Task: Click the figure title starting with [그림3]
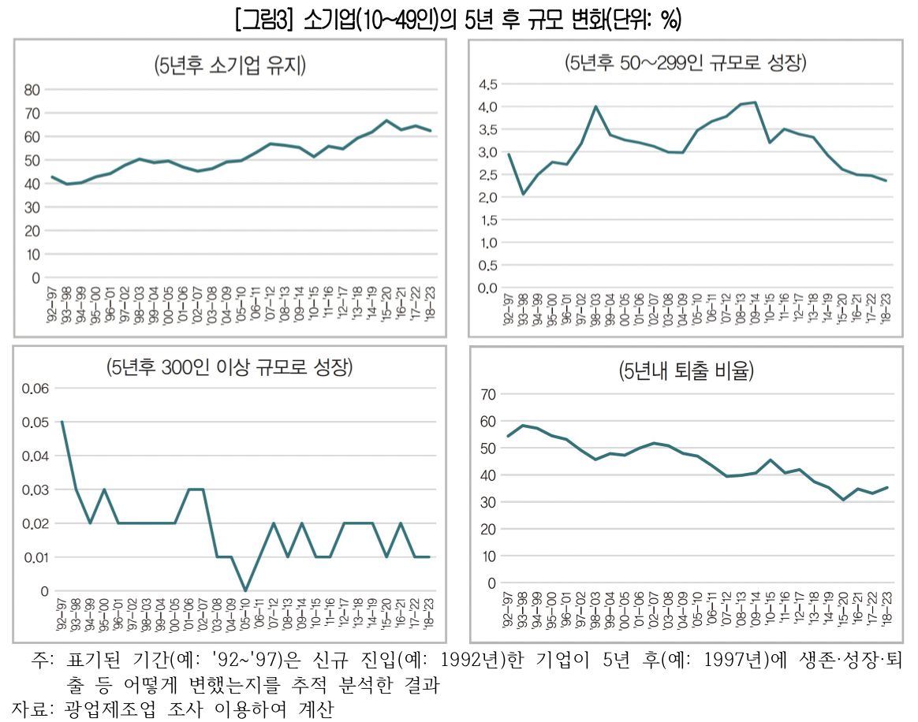457,18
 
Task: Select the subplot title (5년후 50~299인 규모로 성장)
685,63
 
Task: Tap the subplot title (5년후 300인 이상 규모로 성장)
230,367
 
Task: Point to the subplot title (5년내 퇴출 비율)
686,372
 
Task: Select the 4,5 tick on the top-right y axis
487,84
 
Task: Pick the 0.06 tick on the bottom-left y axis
35,389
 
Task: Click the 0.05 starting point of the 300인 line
62,422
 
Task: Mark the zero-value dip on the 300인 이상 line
245,590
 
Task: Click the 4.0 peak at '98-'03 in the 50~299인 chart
595,106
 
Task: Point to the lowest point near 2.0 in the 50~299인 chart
523,194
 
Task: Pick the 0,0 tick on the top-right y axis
487,288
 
